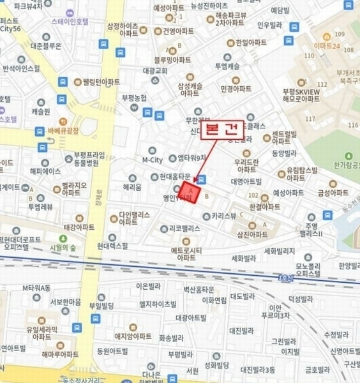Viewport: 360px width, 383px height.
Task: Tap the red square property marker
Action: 190,191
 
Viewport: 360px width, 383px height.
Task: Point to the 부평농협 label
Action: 134,97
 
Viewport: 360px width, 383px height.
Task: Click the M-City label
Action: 153,160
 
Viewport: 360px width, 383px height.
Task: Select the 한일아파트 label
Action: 250,43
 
